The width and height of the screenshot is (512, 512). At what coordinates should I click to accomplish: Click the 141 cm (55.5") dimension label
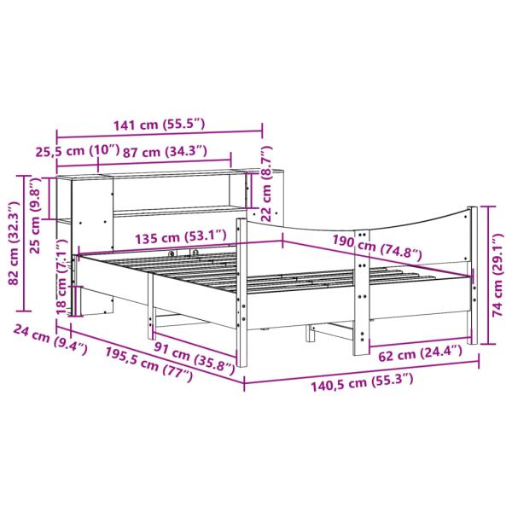pyautogui.click(x=159, y=125)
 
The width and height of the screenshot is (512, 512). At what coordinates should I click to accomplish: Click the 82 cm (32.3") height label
pyautogui.click(x=13, y=246)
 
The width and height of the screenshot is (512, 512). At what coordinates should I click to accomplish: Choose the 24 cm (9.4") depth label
pyautogui.click(x=49, y=340)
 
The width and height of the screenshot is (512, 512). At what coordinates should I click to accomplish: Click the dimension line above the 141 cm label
pyautogui.click(x=160, y=134)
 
